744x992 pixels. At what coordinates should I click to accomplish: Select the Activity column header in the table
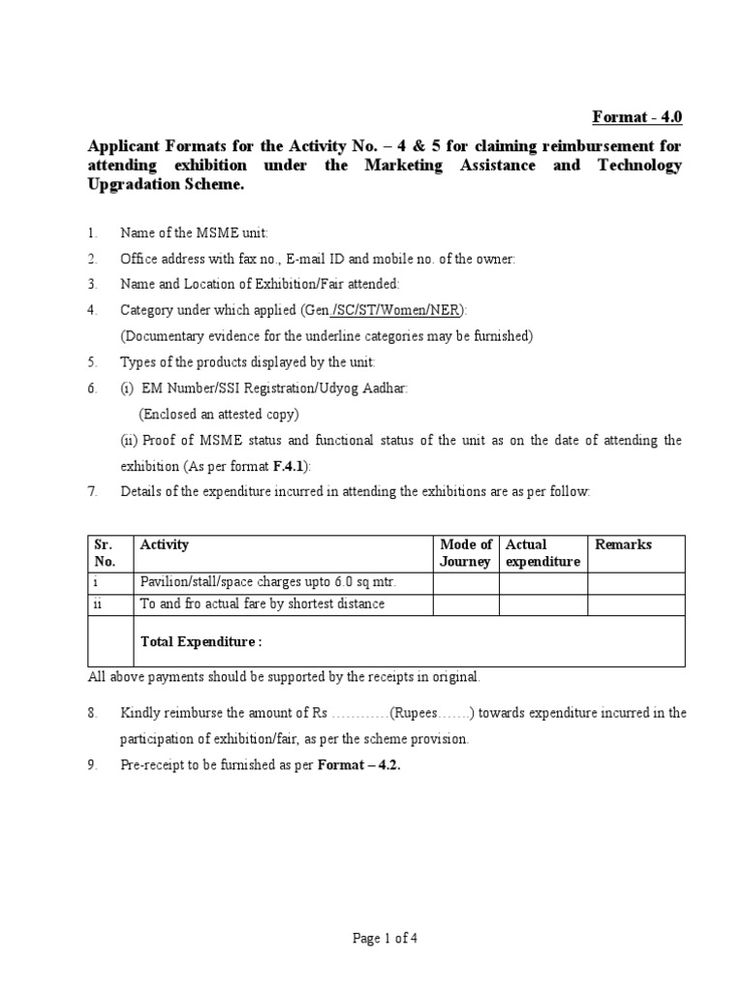point(165,544)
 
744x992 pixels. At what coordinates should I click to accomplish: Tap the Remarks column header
point(623,544)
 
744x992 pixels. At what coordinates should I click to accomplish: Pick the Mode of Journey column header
point(465,553)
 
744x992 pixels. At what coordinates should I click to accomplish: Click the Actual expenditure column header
point(542,553)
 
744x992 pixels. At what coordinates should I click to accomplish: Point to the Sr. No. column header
point(104,553)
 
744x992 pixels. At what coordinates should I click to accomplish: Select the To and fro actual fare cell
point(263,604)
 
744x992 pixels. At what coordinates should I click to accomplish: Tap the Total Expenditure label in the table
point(201,641)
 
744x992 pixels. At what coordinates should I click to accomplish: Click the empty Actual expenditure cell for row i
point(542,582)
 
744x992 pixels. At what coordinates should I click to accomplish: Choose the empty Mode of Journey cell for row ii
point(465,604)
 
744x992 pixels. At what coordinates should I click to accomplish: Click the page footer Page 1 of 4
point(372,938)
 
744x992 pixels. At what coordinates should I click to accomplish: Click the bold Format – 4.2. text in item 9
point(359,764)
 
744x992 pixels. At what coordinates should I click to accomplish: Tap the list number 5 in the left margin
point(92,362)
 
